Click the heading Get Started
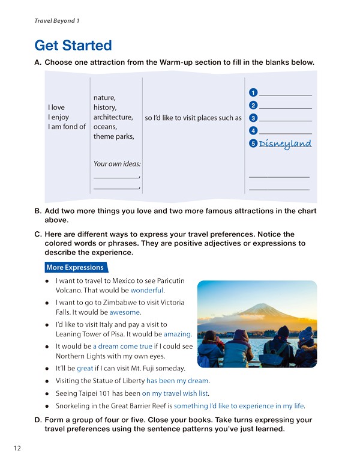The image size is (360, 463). pos(73,45)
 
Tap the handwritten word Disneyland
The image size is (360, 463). pos(285,144)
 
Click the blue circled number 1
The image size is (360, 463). pos(254,92)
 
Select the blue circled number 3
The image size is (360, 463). pos(254,118)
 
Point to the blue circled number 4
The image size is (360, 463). pos(254,130)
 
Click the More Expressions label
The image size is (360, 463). pos(75,267)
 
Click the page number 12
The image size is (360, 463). pos(15,448)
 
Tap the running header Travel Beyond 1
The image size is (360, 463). pos(57,20)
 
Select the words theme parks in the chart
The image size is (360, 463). pos(113,136)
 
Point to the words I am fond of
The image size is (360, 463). pos(67,127)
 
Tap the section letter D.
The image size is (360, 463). pos(38,420)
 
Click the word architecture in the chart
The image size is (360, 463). pos(113,117)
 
